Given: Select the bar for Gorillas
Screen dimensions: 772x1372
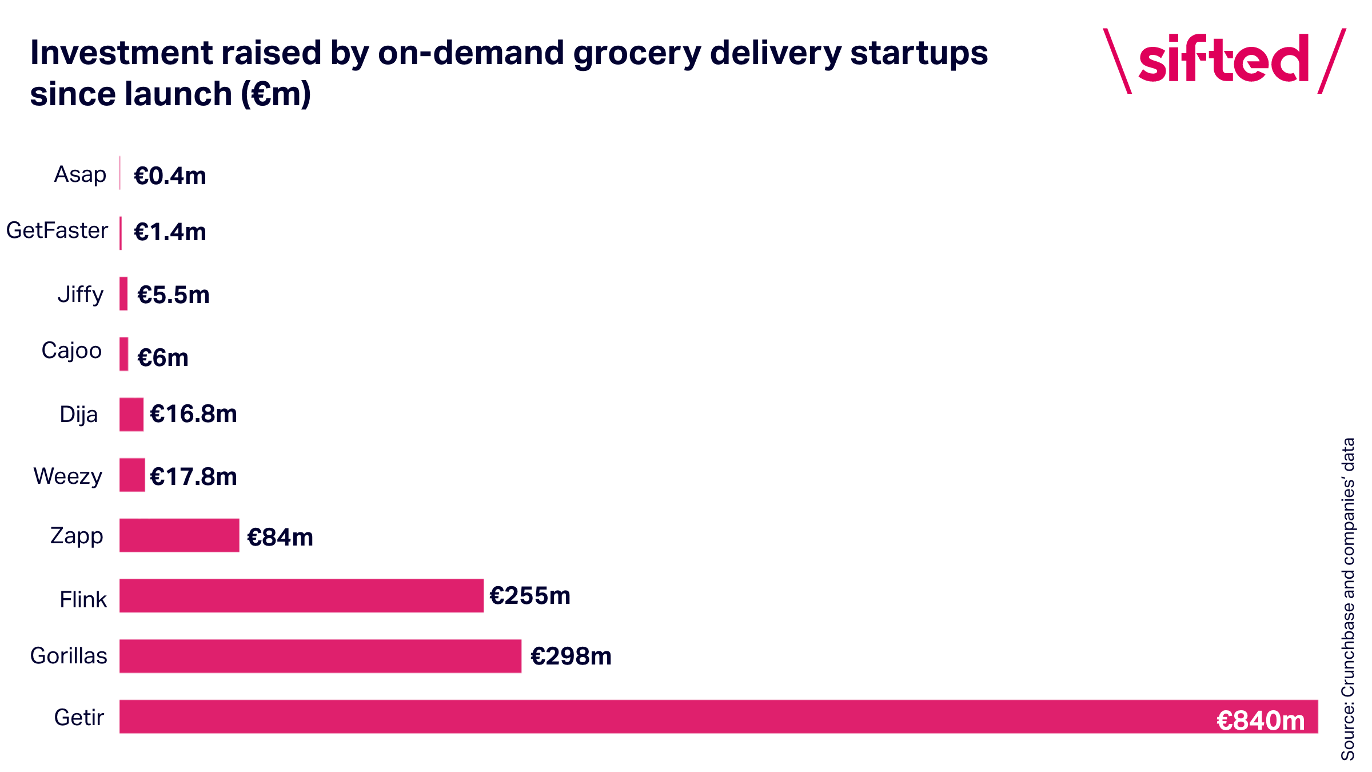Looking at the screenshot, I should click(x=320, y=656).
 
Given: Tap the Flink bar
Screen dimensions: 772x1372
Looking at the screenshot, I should click(x=301, y=595).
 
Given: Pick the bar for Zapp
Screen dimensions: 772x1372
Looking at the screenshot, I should click(x=179, y=535).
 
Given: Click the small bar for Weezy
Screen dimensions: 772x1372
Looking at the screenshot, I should click(x=132, y=475).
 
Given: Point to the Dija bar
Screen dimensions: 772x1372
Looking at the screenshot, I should click(x=131, y=414).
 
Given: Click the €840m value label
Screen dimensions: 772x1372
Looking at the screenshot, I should click(x=1261, y=720).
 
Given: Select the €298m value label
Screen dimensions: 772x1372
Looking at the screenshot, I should click(x=571, y=656).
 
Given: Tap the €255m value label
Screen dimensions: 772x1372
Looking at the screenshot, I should click(x=530, y=595).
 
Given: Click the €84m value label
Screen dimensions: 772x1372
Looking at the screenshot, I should click(x=280, y=537).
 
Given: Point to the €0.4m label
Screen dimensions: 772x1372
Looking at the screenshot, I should click(x=170, y=176).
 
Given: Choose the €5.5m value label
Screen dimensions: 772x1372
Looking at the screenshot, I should click(x=173, y=295).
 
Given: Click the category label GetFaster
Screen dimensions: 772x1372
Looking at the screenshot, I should click(x=57, y=230).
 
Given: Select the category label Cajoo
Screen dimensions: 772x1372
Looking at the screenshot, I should click(x=71, y=351).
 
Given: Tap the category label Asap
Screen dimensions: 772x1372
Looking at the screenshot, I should click(x=80, y=174).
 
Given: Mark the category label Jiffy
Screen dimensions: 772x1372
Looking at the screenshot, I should click(x=81, y=295).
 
